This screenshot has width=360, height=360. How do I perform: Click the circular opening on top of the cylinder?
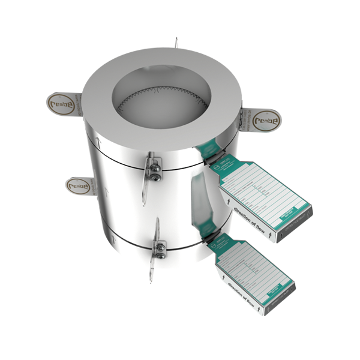coord(161,96)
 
